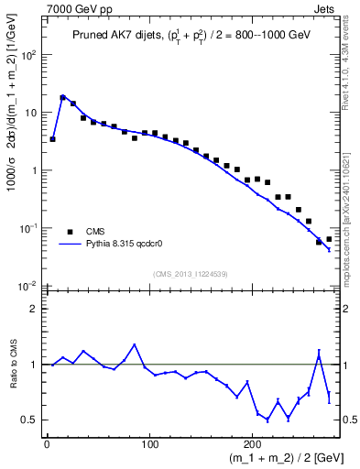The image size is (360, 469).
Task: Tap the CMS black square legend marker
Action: [70, 232]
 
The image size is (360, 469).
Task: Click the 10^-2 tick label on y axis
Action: [27, 286]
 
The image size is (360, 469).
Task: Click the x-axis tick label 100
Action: [151, 446]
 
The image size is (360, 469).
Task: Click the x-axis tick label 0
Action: [47, 446]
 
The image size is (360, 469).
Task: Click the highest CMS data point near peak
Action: [63, 97]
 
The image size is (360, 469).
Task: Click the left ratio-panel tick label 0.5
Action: [29, 420]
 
